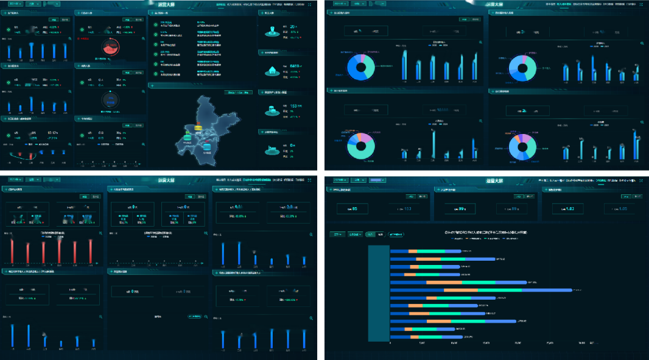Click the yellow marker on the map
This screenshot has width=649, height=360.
click(189, 128)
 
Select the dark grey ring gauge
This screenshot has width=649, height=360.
click(111, 99)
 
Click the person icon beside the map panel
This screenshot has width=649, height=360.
click(272, 32)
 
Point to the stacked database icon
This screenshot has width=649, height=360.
click(272, 111)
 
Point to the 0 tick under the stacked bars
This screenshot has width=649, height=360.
click(390, 344)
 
